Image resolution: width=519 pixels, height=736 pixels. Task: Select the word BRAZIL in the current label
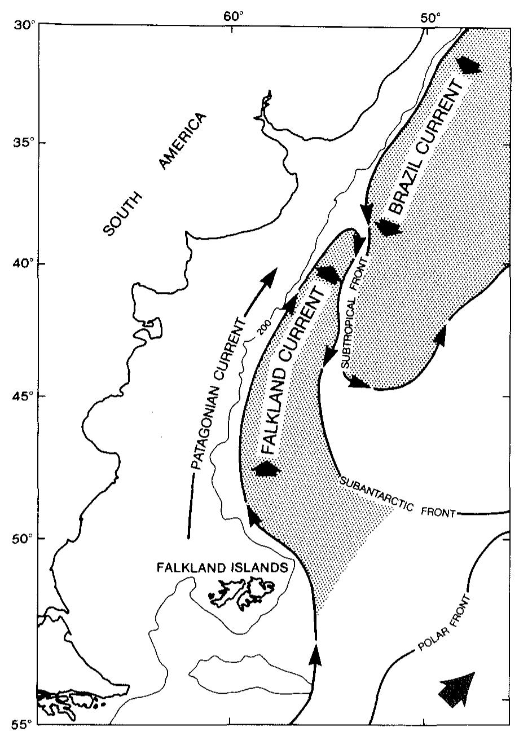(x=407, y=189)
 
